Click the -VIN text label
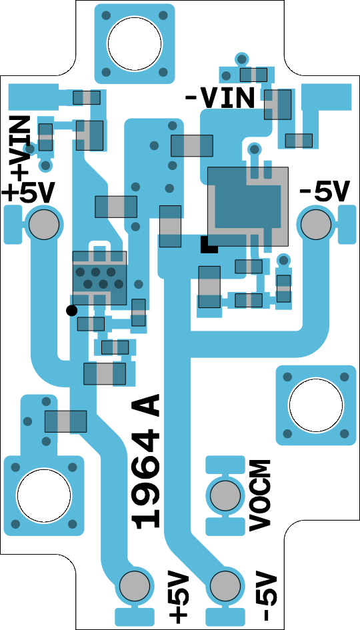(x=220, y=97)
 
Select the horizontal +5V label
(x=28, y=193)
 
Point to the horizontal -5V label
(x=323, y=191)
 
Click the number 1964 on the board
(x=147, y=475)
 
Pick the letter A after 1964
(x=147, y=405)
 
